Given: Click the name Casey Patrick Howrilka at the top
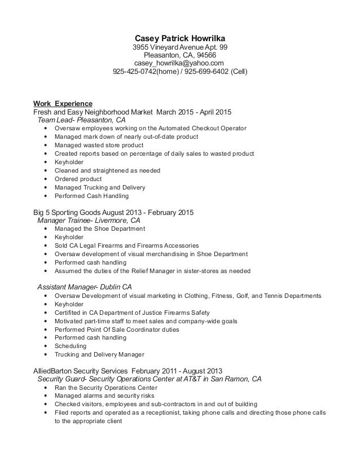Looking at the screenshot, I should [180, 38].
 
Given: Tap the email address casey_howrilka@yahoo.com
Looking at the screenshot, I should [180, 64].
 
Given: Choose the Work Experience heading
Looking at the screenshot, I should [63, 103].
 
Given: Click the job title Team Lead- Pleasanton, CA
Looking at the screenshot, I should [81, 120].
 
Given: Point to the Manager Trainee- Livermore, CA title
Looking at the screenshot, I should [89, 221].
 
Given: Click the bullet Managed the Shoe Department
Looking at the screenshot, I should [100, 229].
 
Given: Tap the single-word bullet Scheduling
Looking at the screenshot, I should [71, 346].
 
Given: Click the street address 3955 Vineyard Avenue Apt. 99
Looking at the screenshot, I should [180, 47].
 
